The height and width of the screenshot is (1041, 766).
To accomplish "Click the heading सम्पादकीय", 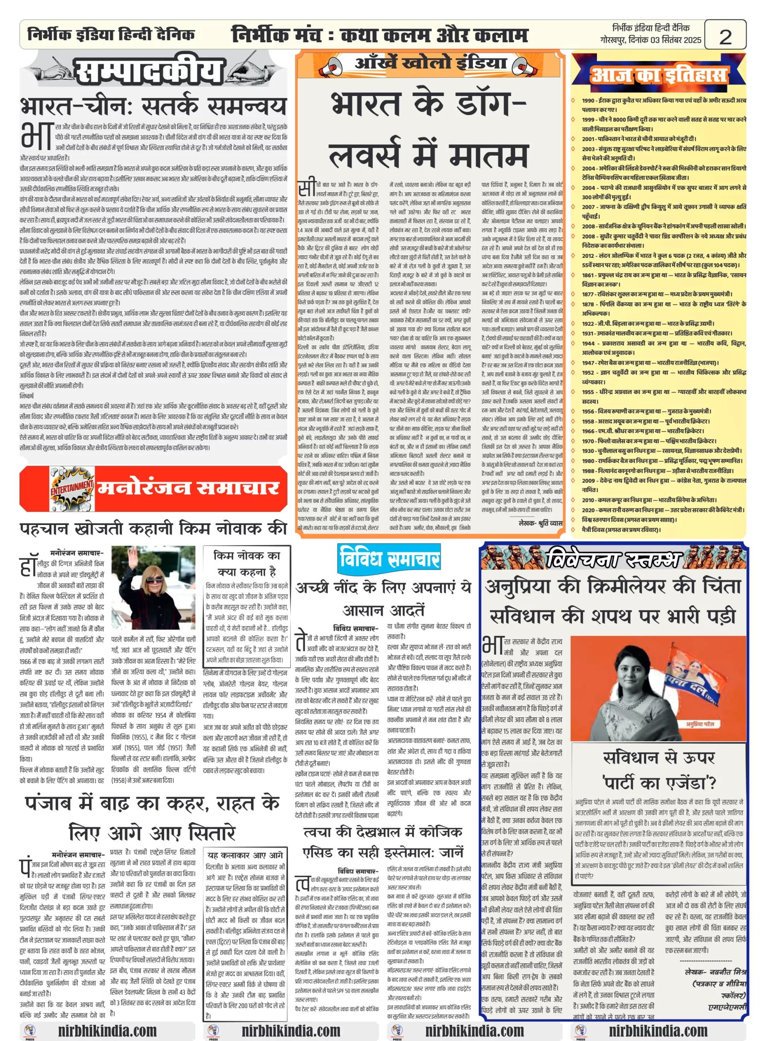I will [x=148, y=72].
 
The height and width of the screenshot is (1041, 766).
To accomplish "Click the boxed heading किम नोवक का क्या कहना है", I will [x=247, y=563].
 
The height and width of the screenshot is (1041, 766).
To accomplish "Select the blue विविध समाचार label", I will [x=389, y=558].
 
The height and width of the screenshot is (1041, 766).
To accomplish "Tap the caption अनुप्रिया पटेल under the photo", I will [x=700, y=724].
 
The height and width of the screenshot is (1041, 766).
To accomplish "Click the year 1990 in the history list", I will [x=588, y=100].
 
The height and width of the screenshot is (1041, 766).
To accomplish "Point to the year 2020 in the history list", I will [x=588, y=510].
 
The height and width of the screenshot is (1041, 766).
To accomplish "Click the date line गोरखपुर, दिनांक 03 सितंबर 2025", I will [x=650, y=40].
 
